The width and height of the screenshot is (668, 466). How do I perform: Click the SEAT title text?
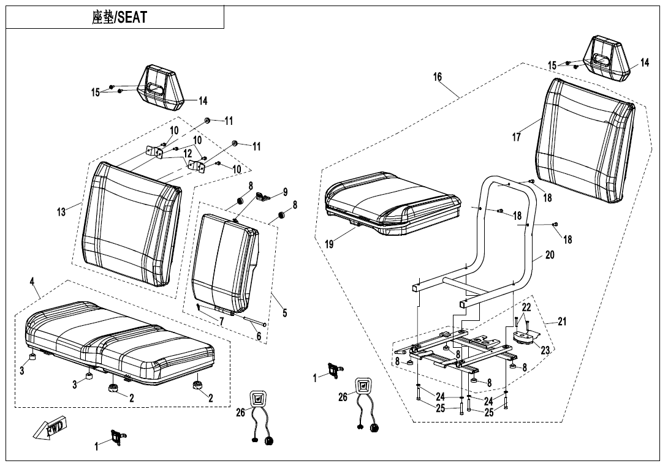(120, 17)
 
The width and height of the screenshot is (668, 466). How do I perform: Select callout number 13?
(61, 212)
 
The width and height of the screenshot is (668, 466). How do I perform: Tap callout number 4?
(32, 282)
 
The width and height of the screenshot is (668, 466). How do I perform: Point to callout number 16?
(437, 77)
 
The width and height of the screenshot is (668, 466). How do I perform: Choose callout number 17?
(517, 137)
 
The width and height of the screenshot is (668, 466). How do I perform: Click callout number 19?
(329, 244)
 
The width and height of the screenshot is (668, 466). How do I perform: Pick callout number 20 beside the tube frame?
(550, 255)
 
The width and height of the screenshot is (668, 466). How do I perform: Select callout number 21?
(562, 321)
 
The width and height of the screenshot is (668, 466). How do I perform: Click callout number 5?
(284, 314)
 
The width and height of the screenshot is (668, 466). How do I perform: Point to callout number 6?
(259, 336)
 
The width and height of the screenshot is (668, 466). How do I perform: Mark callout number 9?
(284, 192)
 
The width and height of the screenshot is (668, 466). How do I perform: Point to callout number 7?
(221, 320)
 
